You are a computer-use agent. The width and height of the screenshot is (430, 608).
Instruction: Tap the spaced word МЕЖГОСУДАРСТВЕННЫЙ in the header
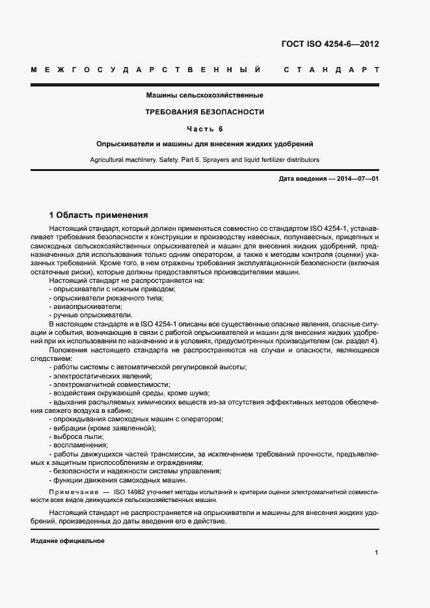[x=146, y=70]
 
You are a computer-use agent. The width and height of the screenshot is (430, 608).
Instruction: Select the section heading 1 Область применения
[x=99, y=215]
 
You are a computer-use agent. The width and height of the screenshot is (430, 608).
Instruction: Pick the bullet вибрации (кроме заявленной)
[x=102, y=428]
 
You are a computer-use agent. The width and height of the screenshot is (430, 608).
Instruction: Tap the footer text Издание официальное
[x=68, y=541]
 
